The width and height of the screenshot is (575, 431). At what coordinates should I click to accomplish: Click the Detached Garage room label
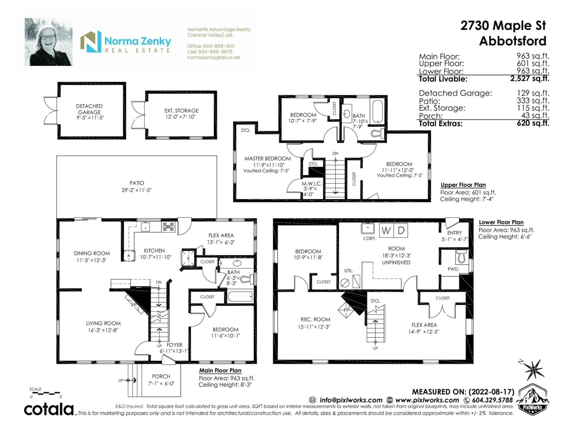(x=89, y=109)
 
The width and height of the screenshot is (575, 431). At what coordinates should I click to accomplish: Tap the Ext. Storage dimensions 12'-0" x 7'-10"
(x=180, y=117)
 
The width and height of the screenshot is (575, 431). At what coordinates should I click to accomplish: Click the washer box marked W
(x=386, y=230)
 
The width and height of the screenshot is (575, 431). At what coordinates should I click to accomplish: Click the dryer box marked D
(x=401, y=230)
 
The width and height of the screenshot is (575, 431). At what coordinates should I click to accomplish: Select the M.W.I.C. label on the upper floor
(x=312, y=184)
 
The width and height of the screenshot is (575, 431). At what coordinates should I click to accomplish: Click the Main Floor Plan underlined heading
(x=220, y=371)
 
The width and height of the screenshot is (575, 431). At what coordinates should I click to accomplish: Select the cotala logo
(x=49, y=410)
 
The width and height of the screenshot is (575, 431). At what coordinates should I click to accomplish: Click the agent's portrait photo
(x=48, y=42)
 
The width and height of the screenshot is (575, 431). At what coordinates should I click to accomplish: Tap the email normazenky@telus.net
(x=214, y=57)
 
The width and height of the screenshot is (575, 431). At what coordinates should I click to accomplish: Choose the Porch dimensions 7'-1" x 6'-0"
(x=161, y=383)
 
